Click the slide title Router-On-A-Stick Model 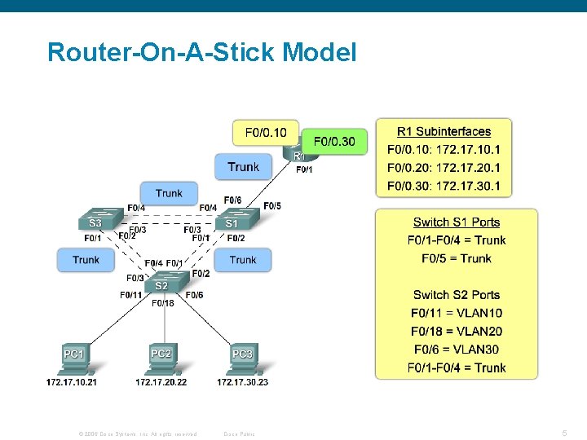[201, 53]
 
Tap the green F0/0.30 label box [334, 142]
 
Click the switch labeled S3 [95, 220]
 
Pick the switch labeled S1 [233, 220]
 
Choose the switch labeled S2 [163, 284]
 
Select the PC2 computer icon [161, 357]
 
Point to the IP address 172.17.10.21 [72, 381]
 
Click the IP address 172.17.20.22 [161, 381]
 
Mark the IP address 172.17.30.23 [242, 381]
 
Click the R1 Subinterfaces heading [444, 131]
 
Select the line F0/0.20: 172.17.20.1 [444, 168]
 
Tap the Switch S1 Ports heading [456, 222]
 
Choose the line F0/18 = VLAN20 [456, 331]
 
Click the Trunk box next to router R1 [243, 167]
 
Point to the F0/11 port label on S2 [131, 295]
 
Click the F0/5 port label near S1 [272, 205]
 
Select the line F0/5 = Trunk [456, 258]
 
